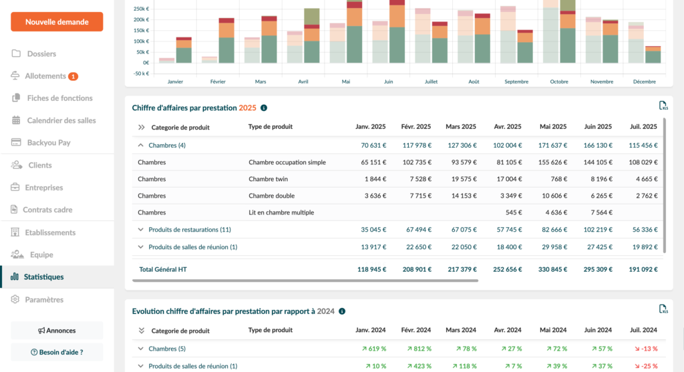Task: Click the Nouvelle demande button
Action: (57, 22)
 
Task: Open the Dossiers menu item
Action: (41, 53)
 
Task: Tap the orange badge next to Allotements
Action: (73, 76)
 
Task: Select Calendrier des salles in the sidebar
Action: (61, 120)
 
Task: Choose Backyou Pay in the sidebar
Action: (49, 142)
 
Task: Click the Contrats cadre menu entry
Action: (47, 210)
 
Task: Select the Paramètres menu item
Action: (44, 300)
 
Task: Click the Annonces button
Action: (57, 331)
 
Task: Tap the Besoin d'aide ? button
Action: (57, 352)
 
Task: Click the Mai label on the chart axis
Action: (345, 81)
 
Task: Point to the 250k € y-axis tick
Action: (141, 9)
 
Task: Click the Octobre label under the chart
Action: (558, 81)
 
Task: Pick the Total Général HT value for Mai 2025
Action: (550, 270)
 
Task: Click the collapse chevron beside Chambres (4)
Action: (141, 145)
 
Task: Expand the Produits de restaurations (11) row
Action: (141, 230)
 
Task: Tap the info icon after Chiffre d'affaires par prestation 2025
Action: (264, 108)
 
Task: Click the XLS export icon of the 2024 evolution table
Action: (663, 309)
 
